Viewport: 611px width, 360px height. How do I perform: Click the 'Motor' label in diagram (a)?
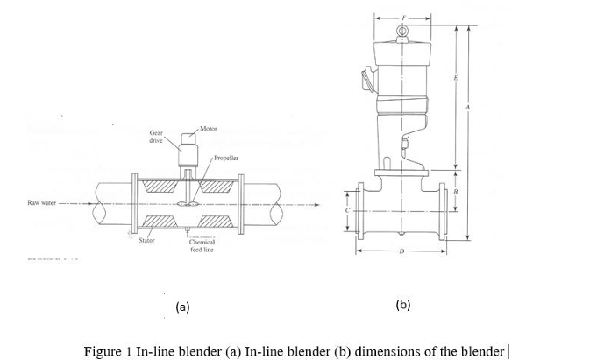pos(209,129)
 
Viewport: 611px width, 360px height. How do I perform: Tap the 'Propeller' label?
pos(226,160)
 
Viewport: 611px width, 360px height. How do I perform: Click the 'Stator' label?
pos(147,238)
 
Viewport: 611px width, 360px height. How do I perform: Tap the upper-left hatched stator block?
pos(163,187)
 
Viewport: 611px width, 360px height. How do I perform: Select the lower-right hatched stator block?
pos(216,220)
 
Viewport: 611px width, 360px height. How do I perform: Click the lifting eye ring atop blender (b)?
pos(401,32)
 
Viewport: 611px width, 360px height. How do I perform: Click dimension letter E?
pos(455,80)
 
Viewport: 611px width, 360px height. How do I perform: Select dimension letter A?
pos(468,107)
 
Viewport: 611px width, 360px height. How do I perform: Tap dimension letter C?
pos(347,211)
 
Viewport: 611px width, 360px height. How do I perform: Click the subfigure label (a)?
pos(182,307)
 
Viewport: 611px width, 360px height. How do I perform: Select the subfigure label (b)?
pos(402,304)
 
